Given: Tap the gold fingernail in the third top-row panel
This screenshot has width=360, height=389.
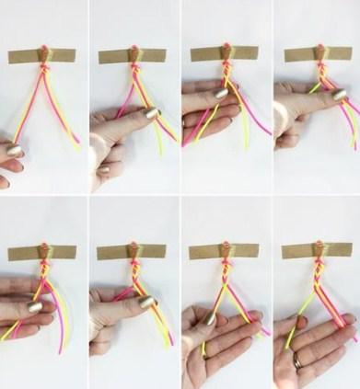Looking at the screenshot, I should pos(221,93).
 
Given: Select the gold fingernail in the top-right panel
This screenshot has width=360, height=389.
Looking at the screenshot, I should pos(340,95).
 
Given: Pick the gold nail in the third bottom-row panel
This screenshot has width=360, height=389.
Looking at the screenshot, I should pos(211,318).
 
